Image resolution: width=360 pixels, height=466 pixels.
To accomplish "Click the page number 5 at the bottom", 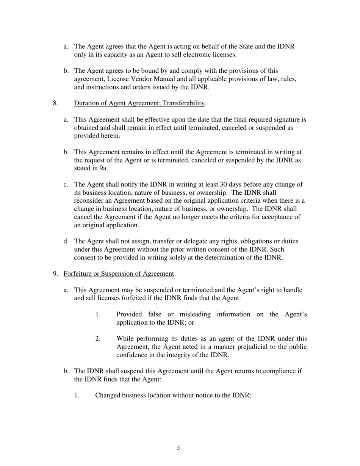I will point(178,448).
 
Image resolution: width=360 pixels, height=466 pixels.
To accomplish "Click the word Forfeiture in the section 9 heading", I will point(78,274).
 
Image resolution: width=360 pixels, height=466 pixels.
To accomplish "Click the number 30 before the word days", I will point(224,185).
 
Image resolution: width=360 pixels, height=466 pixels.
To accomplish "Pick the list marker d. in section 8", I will point(66,241).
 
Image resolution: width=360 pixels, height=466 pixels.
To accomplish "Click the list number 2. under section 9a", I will point(98,339).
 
